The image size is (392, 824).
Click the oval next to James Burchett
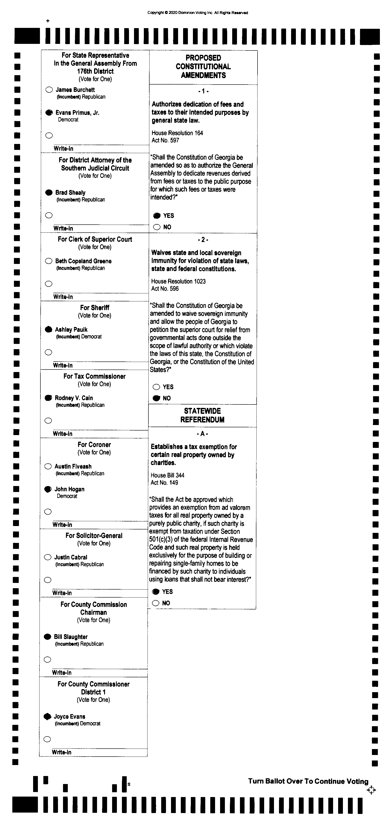click(x=49, y=90)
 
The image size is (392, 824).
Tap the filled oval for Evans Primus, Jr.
click(x=49, y=113)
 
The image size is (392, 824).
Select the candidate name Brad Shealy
click(x=70, y=193)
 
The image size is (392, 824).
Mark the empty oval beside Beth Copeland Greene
click(x=49, y=261)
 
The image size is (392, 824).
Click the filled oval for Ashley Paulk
click(x=49, y=330)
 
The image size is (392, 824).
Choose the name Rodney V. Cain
click(x=74, y=398)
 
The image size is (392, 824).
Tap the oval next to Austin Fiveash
click(x=48, y=466)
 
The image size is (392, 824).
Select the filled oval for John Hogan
click(x=48, y=489)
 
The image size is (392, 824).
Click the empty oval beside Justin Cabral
click(x=48, y=557)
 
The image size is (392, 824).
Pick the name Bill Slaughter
click(x=71, y=637)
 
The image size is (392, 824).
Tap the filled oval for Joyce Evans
click(x=47, y=717)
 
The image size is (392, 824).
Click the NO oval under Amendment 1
click(x=157, y=227)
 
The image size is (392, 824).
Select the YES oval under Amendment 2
click(x=156, y=387)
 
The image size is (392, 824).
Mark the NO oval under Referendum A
click(x=155, y=603)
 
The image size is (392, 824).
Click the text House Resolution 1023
click(x=178, y=282)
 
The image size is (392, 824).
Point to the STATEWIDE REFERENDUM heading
click(x=202, y=415)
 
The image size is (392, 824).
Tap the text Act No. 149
click(x=164, y=483)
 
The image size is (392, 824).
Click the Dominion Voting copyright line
click(x=197, y=13)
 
